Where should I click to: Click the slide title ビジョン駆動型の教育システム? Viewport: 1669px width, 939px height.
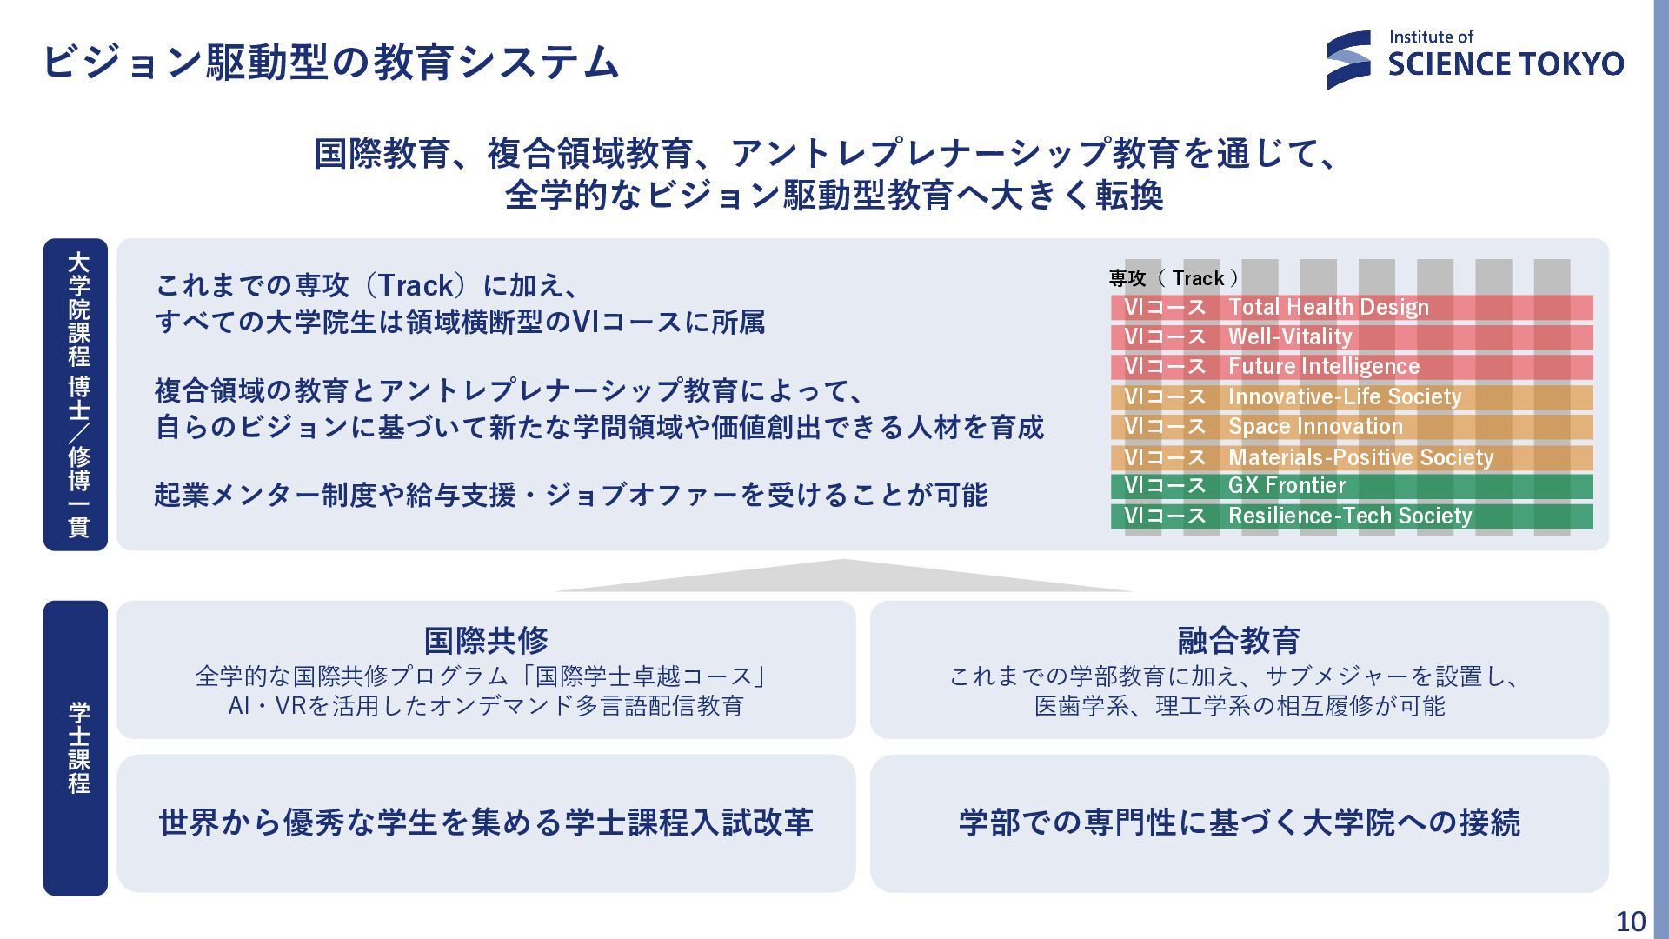[331, 62]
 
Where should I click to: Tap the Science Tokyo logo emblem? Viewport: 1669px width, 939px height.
[1348, 60]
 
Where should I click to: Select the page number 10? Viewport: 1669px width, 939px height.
[1631, 921]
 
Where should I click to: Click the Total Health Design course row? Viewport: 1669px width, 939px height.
[1352, 307]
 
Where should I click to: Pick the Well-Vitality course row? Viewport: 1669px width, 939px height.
[1352, 337]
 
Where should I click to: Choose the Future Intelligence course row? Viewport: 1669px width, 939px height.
[1352, 367]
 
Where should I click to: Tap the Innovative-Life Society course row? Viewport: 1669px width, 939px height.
[1352, 397]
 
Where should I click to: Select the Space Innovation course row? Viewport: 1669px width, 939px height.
[1352, 427]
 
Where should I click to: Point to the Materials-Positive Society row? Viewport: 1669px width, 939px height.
[1352, 457]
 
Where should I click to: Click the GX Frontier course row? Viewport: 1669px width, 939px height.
[1352, 486]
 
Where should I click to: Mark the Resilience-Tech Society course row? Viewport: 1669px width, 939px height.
[1352, 516]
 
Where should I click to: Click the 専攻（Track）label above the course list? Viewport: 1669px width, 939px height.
[1174, 278]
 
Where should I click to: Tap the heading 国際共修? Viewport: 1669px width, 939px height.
[486, 641]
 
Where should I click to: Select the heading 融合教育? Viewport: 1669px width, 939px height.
[1239, 641]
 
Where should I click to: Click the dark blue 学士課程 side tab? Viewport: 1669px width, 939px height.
[76, 748]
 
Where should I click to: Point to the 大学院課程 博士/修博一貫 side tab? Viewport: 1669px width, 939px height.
[76, 395]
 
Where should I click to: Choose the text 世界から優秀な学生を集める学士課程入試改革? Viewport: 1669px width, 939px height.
[486, 822]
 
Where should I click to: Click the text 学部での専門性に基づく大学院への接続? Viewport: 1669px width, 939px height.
[1239, 822]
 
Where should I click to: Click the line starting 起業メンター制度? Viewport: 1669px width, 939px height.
[571, 495]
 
